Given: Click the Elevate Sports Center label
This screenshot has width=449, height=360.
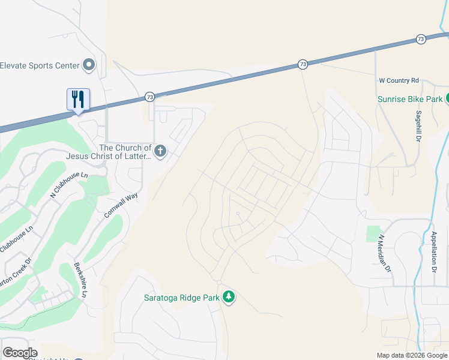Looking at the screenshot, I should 40,65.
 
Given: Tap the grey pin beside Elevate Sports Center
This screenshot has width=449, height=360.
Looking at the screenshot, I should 89,65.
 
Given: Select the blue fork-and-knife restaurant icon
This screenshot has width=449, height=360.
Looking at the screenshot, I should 78,99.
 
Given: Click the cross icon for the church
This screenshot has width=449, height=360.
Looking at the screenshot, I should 160,151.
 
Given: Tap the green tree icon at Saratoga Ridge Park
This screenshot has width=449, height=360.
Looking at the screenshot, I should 228,296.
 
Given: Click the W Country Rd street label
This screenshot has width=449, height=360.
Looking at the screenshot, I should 399,80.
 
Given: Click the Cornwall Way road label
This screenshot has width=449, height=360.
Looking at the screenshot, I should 121,205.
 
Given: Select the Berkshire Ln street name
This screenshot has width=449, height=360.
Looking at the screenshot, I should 80,280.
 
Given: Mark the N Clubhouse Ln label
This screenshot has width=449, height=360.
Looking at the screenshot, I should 69,185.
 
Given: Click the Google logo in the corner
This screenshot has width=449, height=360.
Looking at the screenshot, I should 20,353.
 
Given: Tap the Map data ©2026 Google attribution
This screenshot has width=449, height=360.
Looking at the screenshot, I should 412,355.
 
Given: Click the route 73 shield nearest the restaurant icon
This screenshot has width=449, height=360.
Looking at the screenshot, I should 149,97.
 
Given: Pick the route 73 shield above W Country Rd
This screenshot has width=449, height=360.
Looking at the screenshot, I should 420,39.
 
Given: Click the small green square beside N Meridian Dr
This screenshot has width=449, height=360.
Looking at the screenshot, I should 374,234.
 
